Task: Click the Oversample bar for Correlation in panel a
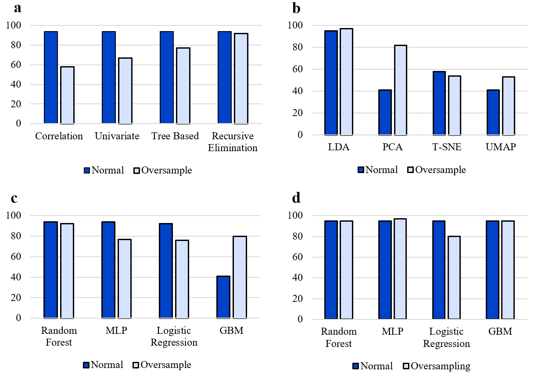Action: tap(67, 95)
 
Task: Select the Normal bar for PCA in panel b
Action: tap(384, 113)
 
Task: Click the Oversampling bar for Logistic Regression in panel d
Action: tap(453, 278)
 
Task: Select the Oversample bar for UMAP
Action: tap(508, 106)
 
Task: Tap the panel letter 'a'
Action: tap(18, 7)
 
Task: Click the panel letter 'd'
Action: tap(296, 198)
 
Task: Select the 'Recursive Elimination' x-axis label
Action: tap(233, 142)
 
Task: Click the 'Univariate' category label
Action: tap(117, 136)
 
